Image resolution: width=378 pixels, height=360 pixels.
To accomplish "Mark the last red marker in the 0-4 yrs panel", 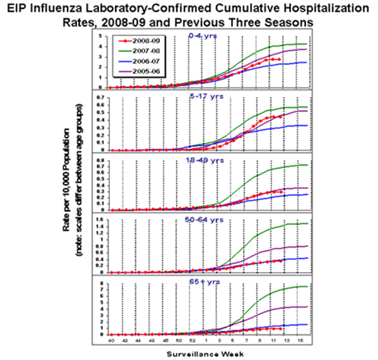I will point(280,59).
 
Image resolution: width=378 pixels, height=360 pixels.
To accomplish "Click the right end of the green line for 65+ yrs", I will point(307,286).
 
